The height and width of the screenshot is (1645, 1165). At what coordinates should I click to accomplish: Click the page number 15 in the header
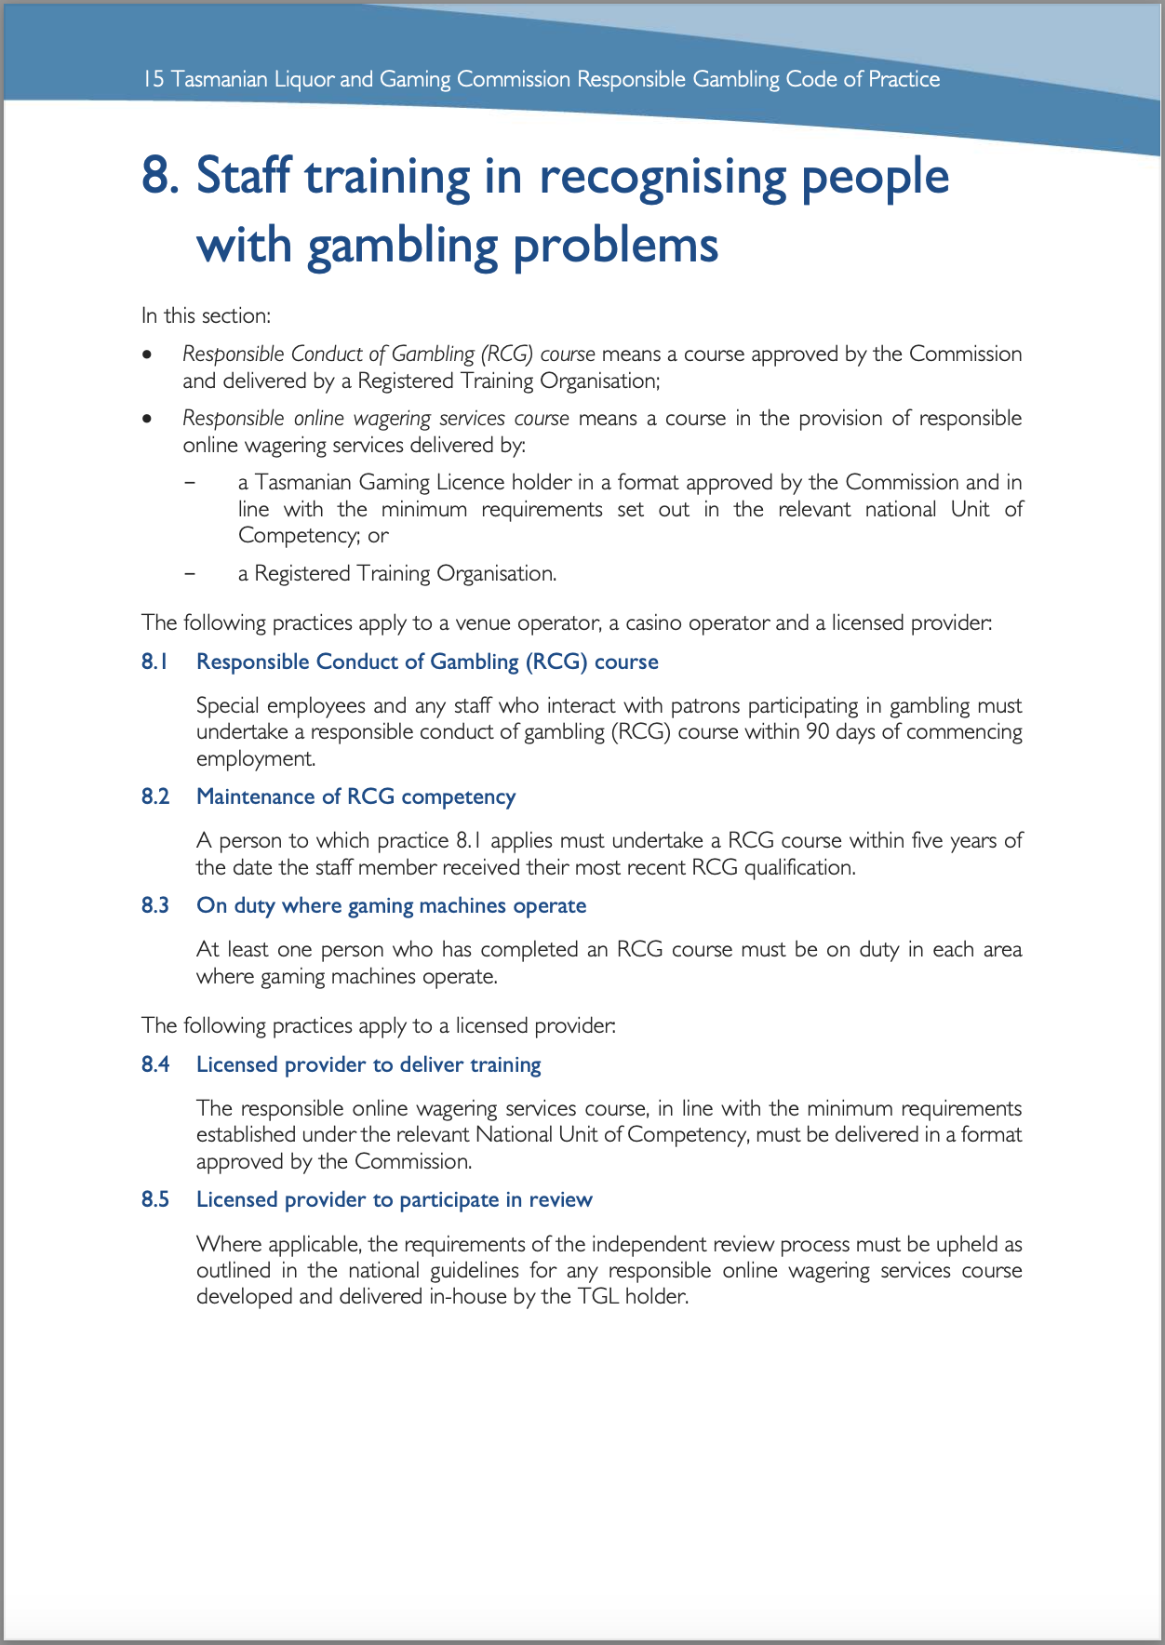(x=154, y=79)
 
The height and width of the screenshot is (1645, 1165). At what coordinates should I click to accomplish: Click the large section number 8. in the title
(x=160, y=177)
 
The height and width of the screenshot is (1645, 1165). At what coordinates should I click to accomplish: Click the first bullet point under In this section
(x=146, y=355)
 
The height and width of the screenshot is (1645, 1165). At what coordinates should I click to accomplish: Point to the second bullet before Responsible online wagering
(x=146, y=420)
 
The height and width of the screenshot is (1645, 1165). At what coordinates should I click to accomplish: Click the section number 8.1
(x=155, y=662)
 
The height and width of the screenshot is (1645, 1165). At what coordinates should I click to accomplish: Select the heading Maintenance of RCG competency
(x=355, y=796)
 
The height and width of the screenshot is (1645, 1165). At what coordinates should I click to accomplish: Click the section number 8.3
(x=155, y=905)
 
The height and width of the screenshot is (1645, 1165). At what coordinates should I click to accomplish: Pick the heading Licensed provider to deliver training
(x=368, y=1064)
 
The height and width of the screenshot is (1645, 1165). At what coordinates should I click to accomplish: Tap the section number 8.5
(x=155, y=1199)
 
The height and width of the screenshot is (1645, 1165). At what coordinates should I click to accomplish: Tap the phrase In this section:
(x=206, y=315)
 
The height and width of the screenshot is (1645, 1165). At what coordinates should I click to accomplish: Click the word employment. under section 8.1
(x=256, y=758)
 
